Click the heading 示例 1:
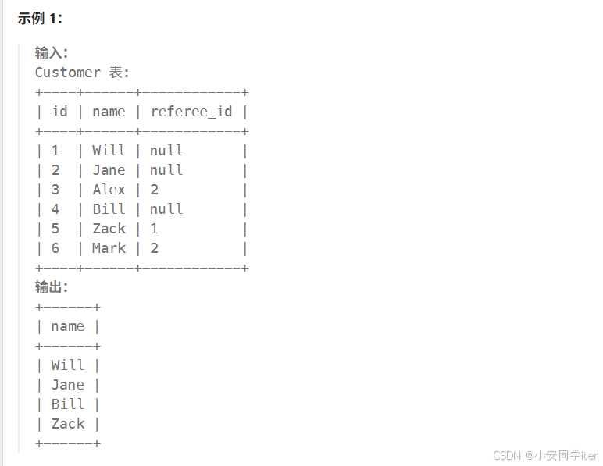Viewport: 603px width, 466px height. [40, 20]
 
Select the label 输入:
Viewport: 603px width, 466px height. [52, 53]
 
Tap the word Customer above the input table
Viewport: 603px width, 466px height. [68, 73]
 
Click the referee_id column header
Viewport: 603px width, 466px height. [191, 112]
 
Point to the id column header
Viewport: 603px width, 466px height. [59, 112]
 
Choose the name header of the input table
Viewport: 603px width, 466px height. [109, 112]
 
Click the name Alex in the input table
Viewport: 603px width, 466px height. [109, 190]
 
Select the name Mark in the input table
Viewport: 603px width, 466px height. [109, 248]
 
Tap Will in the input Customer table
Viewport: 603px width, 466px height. [109, 151]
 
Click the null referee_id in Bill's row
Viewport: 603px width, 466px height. [166, 209]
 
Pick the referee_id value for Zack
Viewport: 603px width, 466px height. [155, 229]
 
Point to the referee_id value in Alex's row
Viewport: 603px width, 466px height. [155, 190]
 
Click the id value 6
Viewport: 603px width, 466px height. [55, 248]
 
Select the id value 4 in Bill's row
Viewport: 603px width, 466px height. [55, 209]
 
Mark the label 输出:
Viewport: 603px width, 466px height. [52, 287]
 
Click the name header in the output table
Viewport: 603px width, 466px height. [68, 326]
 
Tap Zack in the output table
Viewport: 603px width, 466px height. [68, 424]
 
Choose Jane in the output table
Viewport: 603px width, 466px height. [68, 385]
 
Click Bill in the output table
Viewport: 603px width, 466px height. [68, 404]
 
